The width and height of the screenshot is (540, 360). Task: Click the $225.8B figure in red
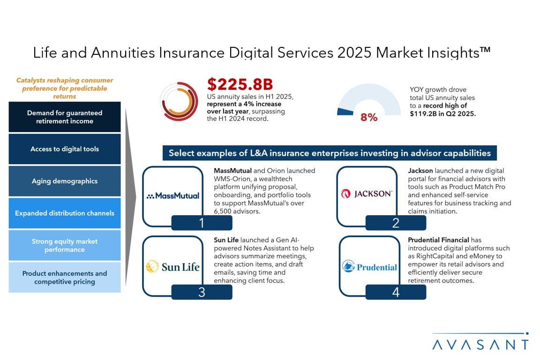click(240, 84)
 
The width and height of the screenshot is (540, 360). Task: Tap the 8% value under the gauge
click(369, 117)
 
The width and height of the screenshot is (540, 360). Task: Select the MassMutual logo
click(173, 195)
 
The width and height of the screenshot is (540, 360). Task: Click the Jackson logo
click(367, 194)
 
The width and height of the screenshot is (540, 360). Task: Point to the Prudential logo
click(369, 267)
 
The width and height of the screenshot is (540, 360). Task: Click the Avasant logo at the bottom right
click(480, 342)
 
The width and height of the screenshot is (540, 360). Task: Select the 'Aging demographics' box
click(65, 181)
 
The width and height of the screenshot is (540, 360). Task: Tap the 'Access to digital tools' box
click(65, 149)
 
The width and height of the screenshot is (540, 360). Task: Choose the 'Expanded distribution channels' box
click(65, 213)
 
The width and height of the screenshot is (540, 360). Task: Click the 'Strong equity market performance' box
click(65, 245)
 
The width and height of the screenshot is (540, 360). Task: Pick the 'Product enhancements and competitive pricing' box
click(65, 277)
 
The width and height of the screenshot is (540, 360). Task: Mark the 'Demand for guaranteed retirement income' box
click(65, 117)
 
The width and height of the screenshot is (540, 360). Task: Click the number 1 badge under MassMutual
click(202, 223)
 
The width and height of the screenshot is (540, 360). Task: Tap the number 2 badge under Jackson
click(396, 223)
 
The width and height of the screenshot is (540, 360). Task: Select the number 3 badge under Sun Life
click(202, 292)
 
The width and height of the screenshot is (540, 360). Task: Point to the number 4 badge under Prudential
click(396, 292)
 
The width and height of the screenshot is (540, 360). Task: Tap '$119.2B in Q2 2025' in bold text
click(442, 114)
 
